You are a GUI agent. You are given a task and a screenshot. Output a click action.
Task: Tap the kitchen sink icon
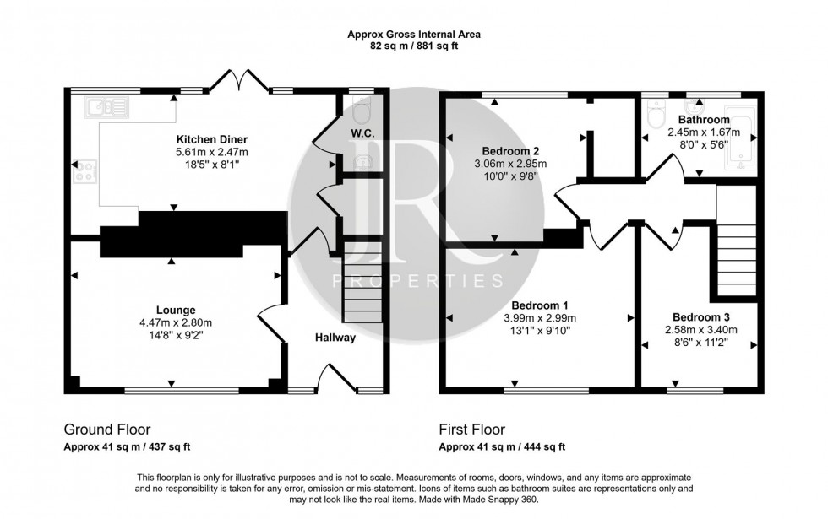coord(106,106)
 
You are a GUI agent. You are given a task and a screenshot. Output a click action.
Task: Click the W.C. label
coord(362,134)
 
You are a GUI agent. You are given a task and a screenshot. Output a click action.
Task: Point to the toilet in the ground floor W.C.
coord(362,109)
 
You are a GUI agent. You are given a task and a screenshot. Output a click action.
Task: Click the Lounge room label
coord(176,310)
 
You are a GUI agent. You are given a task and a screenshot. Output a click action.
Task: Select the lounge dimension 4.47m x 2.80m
coord(176,322)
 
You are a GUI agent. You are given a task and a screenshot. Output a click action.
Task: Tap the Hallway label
coord(335,338)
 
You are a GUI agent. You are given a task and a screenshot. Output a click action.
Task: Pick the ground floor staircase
coord(362,283)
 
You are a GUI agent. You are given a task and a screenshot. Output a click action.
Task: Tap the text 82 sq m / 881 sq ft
coord(413,46)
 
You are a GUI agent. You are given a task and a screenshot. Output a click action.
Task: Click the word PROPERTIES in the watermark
coord(417,280)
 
